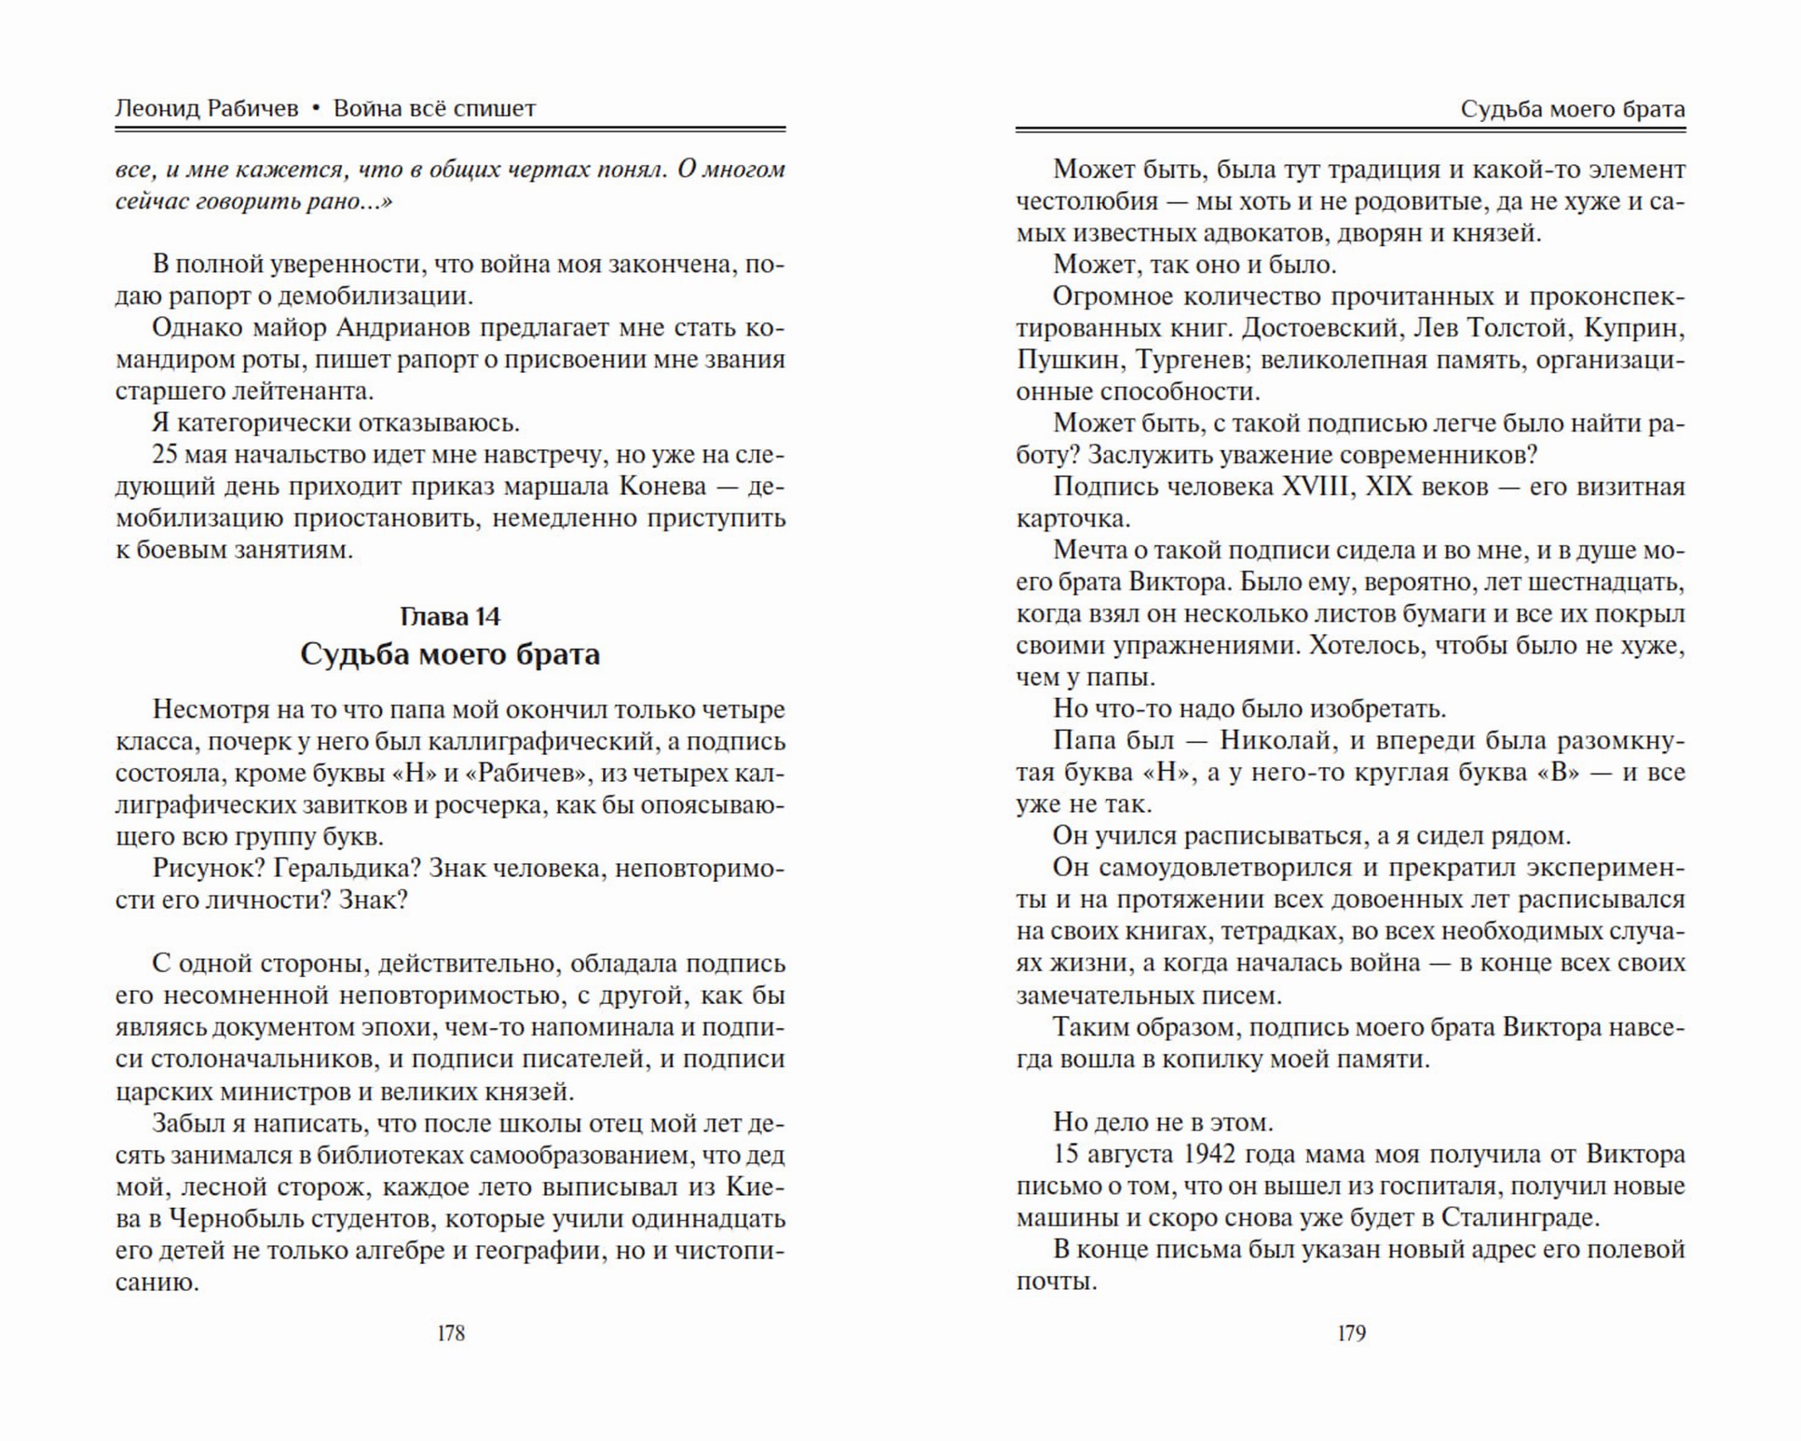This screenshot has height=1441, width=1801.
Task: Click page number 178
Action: click(451, 1333)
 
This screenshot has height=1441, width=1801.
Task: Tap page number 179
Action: click(1351, 1333)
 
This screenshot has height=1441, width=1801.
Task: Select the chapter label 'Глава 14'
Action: click(450, 616)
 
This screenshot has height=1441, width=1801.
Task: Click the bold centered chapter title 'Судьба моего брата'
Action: click(450, 654)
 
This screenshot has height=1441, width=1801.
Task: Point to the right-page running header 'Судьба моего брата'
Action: click(1573, 109)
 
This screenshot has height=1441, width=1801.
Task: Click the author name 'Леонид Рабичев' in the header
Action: click(207, 109)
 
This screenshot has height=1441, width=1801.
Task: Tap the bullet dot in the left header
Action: click(316, 109)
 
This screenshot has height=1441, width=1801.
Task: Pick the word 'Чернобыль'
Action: click(220, 1219)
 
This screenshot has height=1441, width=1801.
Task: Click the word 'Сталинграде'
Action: click(1520, 1217)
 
